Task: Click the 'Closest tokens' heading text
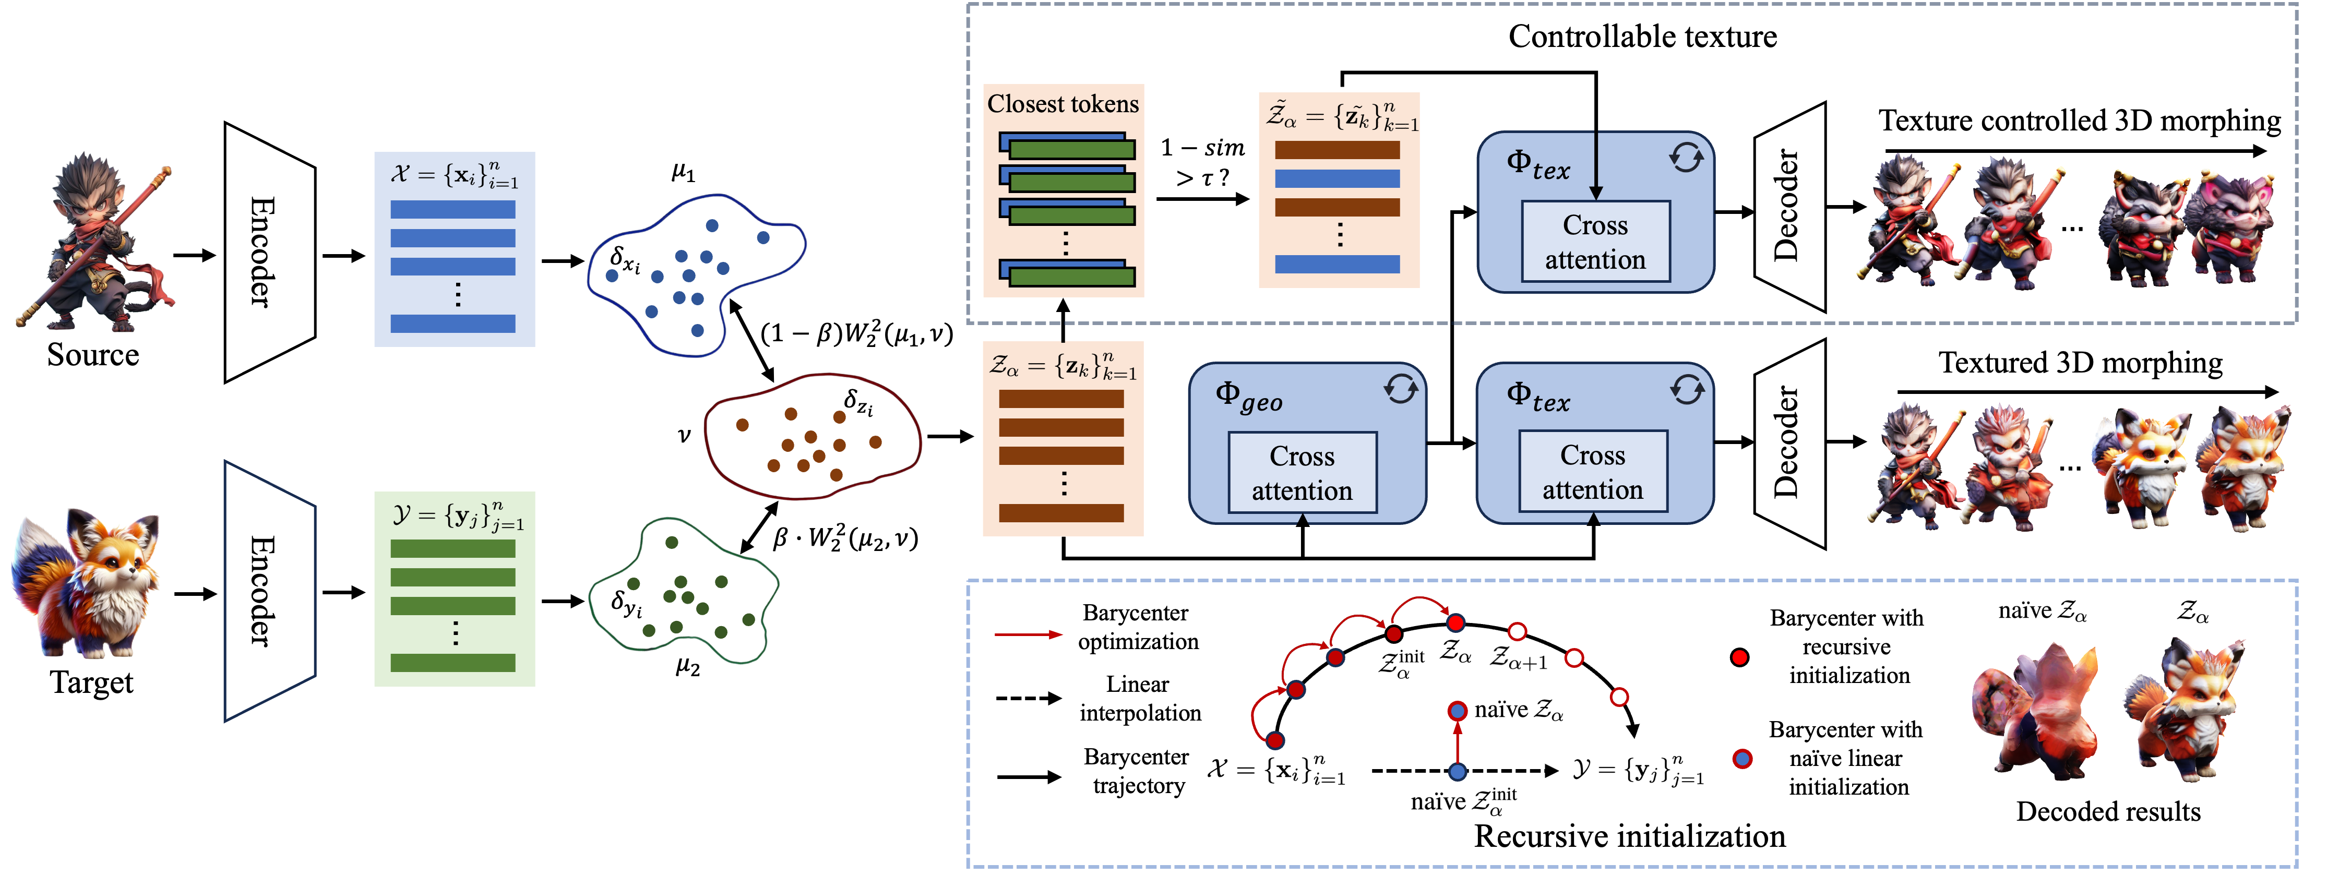point(1063,104)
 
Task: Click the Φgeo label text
point(1248,397)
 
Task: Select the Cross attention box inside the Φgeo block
point(1302,473)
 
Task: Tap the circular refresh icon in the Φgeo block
point(1400,389)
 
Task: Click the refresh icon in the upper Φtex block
point(1686,158)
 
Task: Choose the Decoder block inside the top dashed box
point(1789,207)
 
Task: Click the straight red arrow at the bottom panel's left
point(1028,634)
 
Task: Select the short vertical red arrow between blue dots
point(1458,742)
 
